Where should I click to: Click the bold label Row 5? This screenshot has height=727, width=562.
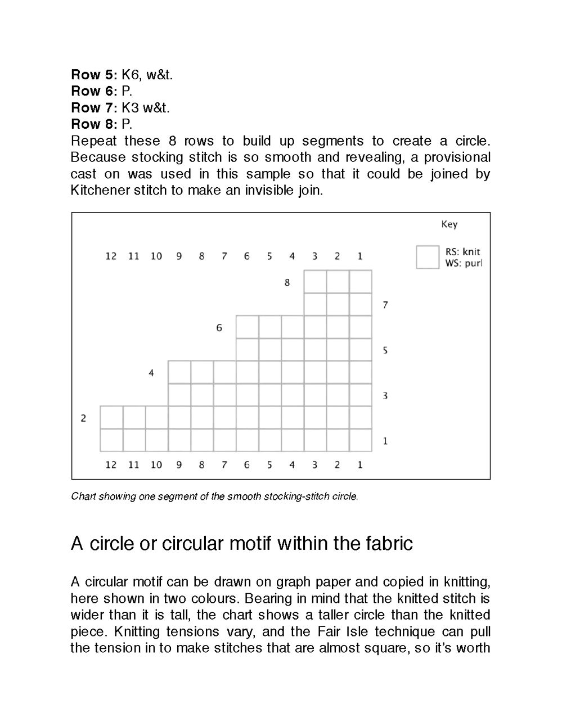[x=94, y=75]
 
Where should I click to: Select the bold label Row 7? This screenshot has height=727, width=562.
[x=94, y=107]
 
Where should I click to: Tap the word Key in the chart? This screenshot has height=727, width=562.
[x=449, y=224]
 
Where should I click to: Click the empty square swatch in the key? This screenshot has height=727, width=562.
[x=428, y=257]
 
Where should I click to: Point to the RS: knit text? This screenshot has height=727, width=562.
[x=462, y=252]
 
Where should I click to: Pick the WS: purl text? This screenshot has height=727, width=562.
[x=464, y=263]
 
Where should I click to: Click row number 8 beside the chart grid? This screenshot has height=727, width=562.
[x=287, y=282]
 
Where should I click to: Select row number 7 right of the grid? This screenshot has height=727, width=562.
[x=385, y=305]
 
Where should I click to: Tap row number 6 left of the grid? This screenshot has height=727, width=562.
[x=219, y=328]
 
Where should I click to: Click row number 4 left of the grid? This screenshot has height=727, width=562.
[x=151, y=373]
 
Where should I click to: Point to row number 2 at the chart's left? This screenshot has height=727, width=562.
[x=83, y=418]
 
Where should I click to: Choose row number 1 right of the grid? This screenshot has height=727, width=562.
[x=385, y=441]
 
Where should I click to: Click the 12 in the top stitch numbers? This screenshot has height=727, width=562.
[x=111, y=256]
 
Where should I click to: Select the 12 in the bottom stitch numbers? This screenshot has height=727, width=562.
[x=111, y=464]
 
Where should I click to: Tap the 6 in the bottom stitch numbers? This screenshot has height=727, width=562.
[x=246, y=464]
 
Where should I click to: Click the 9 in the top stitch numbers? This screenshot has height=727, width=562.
[x=179, y=256]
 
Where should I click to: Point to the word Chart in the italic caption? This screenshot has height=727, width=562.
[x=83, y=496]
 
